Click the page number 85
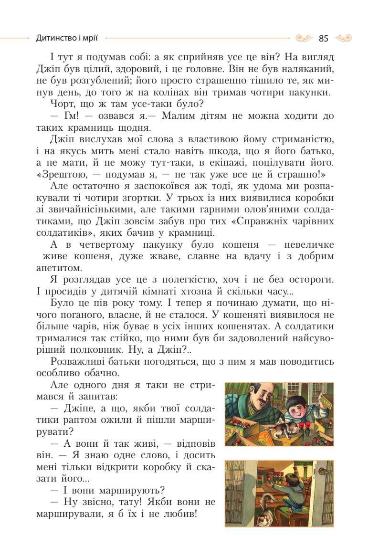[324, 38]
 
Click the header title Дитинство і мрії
[68, 38]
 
